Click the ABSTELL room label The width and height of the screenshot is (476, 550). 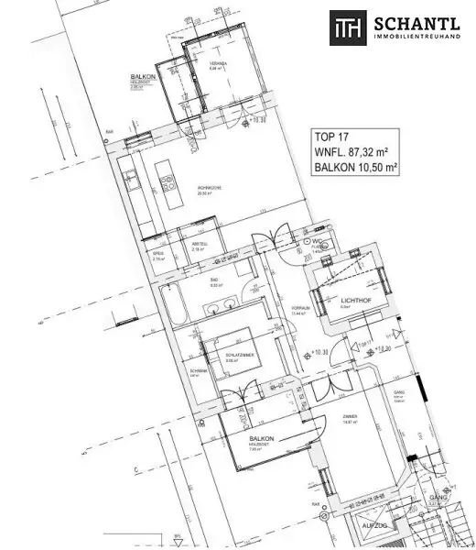(x=198, y=242)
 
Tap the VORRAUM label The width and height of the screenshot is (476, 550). (x=296, y=307)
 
